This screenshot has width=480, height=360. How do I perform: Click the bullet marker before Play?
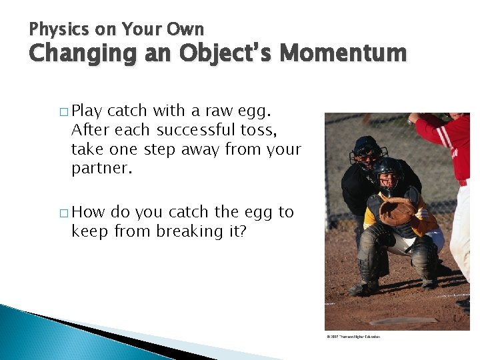63,111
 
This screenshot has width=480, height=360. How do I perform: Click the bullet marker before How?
63,213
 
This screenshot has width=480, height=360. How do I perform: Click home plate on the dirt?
403,321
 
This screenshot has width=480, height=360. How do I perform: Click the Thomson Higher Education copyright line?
353,336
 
